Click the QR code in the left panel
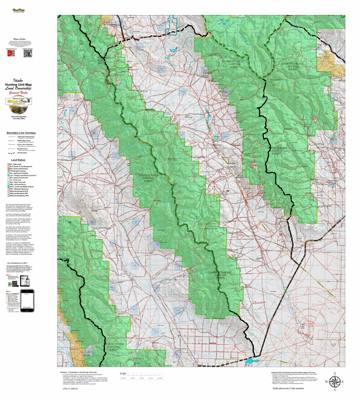28,53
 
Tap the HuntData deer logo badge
18,105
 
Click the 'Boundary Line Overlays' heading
21,133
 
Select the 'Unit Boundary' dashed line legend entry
21,153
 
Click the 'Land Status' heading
18,160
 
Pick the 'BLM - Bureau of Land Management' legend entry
21,167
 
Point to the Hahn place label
130,67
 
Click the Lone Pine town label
232,163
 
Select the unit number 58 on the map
227,191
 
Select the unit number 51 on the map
70,223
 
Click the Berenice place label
213,343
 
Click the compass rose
334,382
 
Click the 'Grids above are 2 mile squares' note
288,388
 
